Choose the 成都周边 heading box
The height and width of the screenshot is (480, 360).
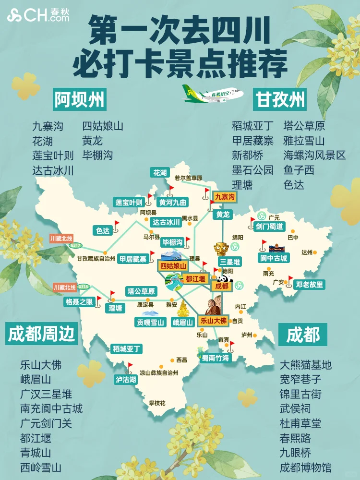point(42,334)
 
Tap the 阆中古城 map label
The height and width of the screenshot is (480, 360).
point(274,258)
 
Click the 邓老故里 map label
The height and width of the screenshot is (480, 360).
point(309,284)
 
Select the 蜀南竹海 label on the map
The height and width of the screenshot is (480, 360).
point(216,358)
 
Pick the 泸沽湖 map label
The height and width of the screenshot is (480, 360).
point(126,379)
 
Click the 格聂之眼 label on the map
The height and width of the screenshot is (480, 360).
point(80,302)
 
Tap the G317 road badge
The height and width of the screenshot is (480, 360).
point(75,245)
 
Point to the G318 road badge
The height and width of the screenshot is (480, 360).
point(84,287)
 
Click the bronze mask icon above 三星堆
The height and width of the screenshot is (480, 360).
point(222,250)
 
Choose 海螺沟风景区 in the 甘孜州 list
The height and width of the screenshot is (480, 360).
point(314,156)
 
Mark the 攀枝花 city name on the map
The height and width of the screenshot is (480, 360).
point(156,403)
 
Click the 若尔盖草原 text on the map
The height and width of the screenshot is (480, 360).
point(188,178)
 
